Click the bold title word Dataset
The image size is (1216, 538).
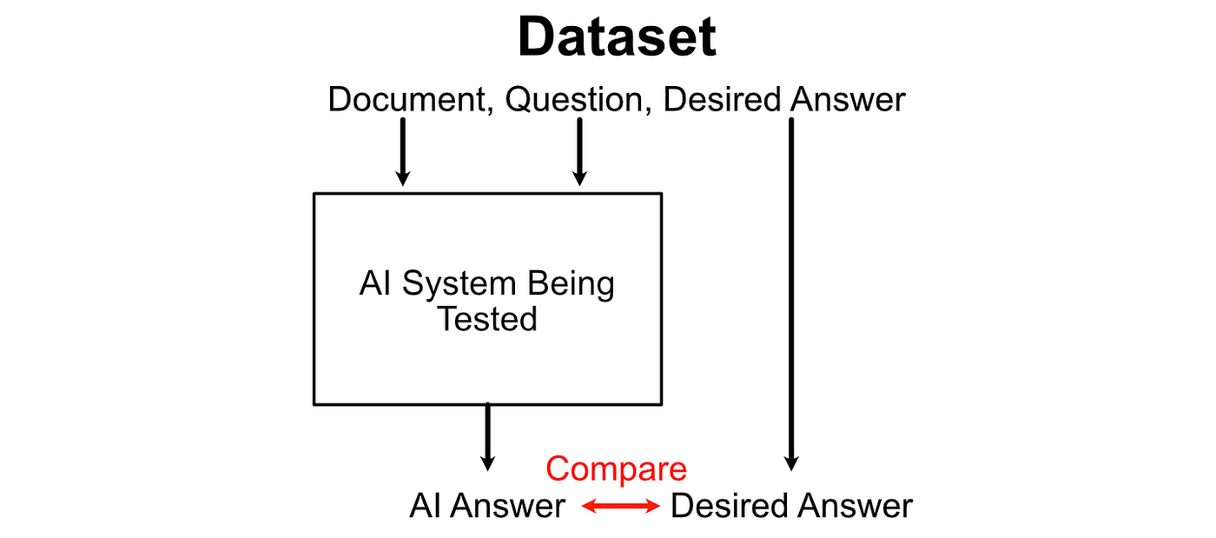tap(618, 37)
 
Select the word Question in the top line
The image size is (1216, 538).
tap(574, 100)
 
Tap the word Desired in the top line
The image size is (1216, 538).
tap(722, 99)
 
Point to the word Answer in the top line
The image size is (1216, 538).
tap(848, 99)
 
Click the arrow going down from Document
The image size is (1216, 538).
tap(403, 152)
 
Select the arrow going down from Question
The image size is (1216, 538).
tap(580, 152)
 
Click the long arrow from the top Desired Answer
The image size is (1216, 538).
tap(791, 295)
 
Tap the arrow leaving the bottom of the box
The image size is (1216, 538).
tap(488, 437)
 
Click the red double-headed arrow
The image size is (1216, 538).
tap(620, 507)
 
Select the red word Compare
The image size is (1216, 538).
tap(616, 469)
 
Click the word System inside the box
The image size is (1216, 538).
tap(459, 284)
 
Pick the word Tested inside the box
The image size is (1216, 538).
tap(487, 319)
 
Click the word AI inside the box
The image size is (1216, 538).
tap(375, 283)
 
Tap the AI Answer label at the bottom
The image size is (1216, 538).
tap(487, 506)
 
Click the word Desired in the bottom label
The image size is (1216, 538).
tap(730, 506)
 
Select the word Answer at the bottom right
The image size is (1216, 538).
tap(855, 506)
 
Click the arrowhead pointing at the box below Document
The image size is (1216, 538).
tap(403, 178)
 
